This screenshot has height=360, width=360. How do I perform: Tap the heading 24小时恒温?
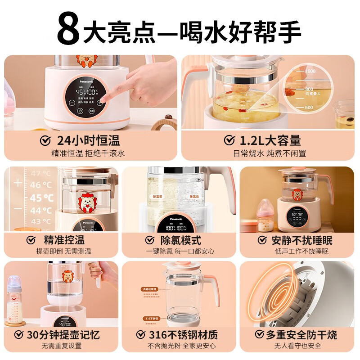point(88,140)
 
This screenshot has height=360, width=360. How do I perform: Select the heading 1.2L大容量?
point(269,140)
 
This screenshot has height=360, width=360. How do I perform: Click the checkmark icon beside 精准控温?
point(31,240)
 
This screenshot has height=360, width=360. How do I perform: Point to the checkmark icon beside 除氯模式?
point(150,240)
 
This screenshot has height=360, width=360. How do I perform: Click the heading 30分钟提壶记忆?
point(63,334)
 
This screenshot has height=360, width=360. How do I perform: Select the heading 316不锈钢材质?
point(183,334)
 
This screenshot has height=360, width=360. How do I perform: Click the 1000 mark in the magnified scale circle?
point(310,71)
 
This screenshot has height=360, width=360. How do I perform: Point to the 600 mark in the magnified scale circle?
point(308,108)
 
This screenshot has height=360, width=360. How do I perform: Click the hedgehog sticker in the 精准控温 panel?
point(88,202)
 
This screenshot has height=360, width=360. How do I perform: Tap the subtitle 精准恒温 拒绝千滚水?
point(88,153)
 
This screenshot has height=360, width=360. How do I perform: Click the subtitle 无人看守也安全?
point(297,346)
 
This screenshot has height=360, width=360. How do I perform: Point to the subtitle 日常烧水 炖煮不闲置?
point(269,153)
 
